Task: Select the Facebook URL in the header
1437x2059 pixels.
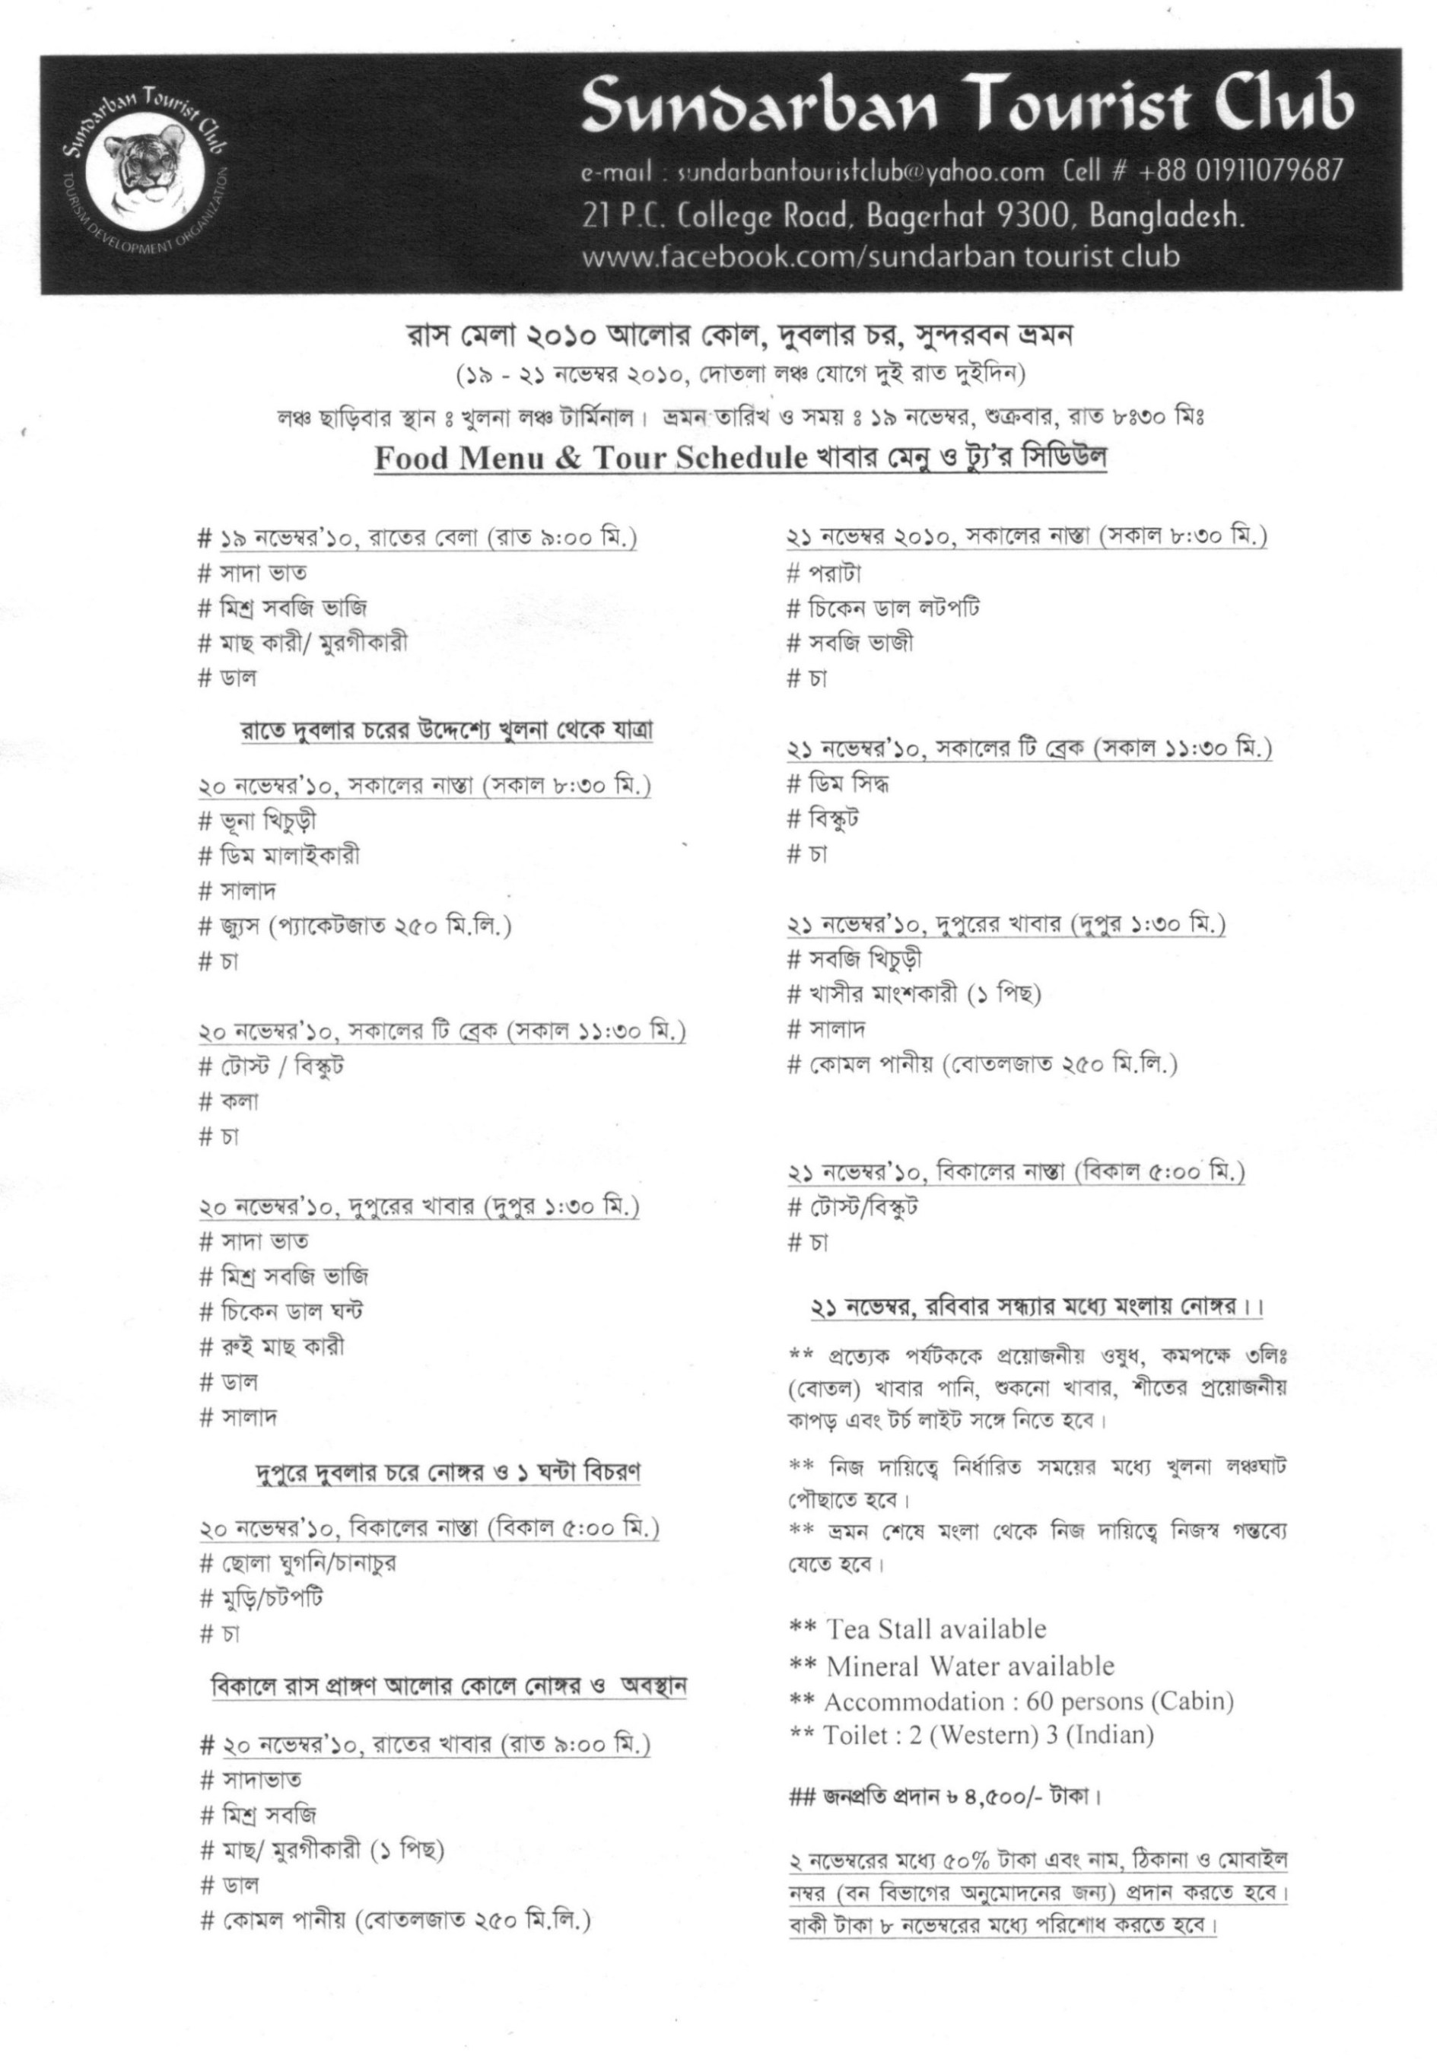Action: point(880,257)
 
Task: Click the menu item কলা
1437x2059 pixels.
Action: point(240,1101)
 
